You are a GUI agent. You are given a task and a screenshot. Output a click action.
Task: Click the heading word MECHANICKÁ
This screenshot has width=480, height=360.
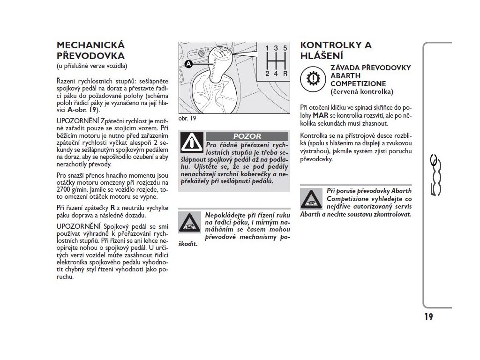(90, 45)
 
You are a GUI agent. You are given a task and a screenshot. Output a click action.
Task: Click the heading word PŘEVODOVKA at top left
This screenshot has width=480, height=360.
(90, 55)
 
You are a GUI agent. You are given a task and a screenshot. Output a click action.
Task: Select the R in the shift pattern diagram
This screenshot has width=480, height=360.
(285, 74)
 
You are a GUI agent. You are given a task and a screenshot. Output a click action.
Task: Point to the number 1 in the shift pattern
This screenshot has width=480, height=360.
(267, 48)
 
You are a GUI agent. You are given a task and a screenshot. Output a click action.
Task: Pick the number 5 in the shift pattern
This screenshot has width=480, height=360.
(285, 48)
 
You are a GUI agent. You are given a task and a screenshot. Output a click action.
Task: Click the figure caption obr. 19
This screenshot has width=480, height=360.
(187, 118)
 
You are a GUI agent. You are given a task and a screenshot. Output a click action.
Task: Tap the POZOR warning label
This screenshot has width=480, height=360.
(247, 136)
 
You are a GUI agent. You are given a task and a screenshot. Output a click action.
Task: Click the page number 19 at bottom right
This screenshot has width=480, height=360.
(428, 317)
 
